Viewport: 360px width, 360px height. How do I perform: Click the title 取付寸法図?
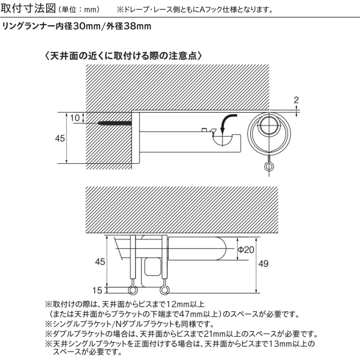click(28, 8)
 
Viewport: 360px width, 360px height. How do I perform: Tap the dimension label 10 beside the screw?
click(74, 118)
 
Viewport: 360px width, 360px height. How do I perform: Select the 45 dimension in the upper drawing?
click(60, 139)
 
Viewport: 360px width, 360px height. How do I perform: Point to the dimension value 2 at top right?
click(296, 100)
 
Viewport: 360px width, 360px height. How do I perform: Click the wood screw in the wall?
click(115, 123)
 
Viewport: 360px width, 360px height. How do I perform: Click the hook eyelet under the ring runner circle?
click(268, 166)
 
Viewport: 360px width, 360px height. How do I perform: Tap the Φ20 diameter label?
click(246, 250)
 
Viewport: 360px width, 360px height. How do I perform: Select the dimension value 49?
click(263, 263)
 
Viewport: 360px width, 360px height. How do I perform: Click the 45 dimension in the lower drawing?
click(100, 262)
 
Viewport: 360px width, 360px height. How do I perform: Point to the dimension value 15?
click(97, 290)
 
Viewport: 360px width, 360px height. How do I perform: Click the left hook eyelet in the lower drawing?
click(132, 290)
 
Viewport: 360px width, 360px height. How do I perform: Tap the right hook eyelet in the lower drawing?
click(164, 290)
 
